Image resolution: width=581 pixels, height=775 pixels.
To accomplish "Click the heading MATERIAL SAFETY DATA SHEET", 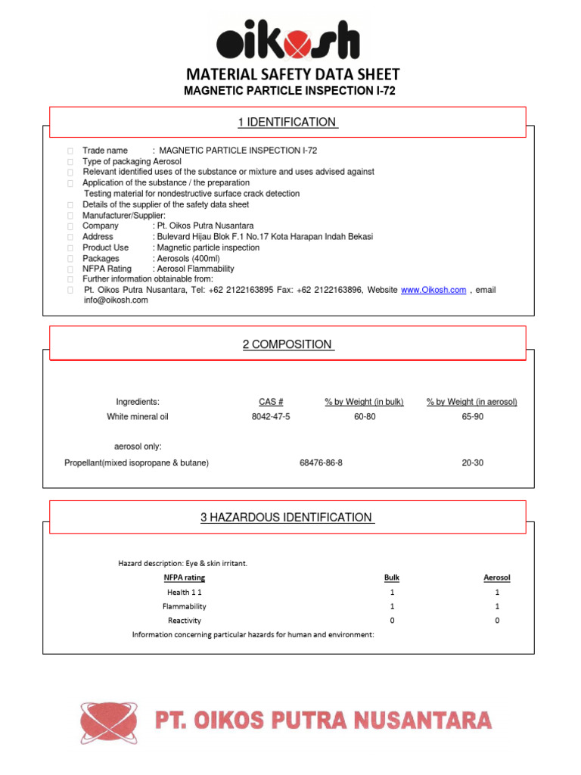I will [x=293, y=74].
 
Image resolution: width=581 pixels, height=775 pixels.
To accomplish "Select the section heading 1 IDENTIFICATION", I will [x=287, y=122].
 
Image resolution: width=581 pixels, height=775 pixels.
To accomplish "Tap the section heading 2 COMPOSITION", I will [x=287, y=344].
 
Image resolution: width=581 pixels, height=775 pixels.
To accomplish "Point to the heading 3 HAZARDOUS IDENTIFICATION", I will [x=287, y=518].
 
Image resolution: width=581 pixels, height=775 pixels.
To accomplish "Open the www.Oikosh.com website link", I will [x=433, y=290].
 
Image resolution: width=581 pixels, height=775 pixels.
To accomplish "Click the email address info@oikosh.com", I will [x=116, y=300].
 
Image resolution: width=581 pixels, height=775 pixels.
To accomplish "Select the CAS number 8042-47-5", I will [x=270, y=416].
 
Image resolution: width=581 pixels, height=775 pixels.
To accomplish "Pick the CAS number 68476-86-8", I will [x=321, y=462].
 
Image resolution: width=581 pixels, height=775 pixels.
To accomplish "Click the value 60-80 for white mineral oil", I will [x=364, y=416].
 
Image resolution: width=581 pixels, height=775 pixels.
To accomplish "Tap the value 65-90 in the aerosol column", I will [x=472, y=416].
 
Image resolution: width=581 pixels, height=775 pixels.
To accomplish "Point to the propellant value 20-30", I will [x=472, y=462].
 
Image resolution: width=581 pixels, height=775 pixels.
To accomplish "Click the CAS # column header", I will [x=270, y=402].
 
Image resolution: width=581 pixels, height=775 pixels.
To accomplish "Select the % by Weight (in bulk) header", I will [x=364, y=402].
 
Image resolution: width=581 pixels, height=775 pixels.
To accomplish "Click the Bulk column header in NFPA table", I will [x=392, y=577].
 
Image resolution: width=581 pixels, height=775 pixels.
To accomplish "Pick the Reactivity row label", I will [x=185, y=621].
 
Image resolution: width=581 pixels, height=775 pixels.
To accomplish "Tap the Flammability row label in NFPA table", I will [x=184, y=606].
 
